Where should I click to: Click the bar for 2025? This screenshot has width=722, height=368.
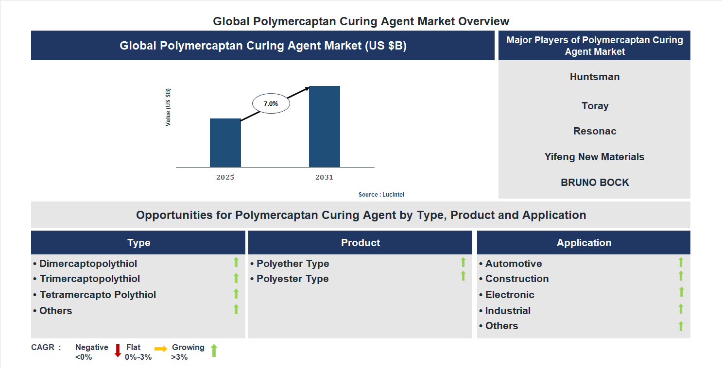[225, 143]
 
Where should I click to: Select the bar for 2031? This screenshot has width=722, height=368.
[324, 126]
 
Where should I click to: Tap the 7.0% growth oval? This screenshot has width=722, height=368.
[271, 103]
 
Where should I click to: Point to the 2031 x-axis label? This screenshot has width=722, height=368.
[324, 177]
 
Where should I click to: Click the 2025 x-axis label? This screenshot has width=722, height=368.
[225, 177]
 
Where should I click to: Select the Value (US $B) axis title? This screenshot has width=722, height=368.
[168, 107]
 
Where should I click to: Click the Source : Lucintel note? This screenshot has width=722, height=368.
[381, 195]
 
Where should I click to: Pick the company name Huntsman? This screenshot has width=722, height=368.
[594, 77]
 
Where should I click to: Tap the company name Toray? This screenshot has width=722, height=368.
[595, 106]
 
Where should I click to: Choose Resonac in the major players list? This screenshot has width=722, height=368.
[595, 131]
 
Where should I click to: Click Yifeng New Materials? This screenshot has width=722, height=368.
[594, 157]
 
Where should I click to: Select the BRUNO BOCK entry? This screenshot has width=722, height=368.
[595, 183]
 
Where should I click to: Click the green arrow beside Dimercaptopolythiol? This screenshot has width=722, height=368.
[236, 262]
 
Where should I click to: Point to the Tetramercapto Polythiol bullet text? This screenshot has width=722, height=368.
[98, 295]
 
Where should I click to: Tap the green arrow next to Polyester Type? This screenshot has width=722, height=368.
[463, 276]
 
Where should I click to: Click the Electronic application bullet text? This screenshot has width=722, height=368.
[509, 295]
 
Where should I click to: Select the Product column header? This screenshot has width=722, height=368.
[360, 243]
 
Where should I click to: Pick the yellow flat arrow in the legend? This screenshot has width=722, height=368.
[161, 349]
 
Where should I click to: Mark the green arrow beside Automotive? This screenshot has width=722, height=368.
[681, 262]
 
